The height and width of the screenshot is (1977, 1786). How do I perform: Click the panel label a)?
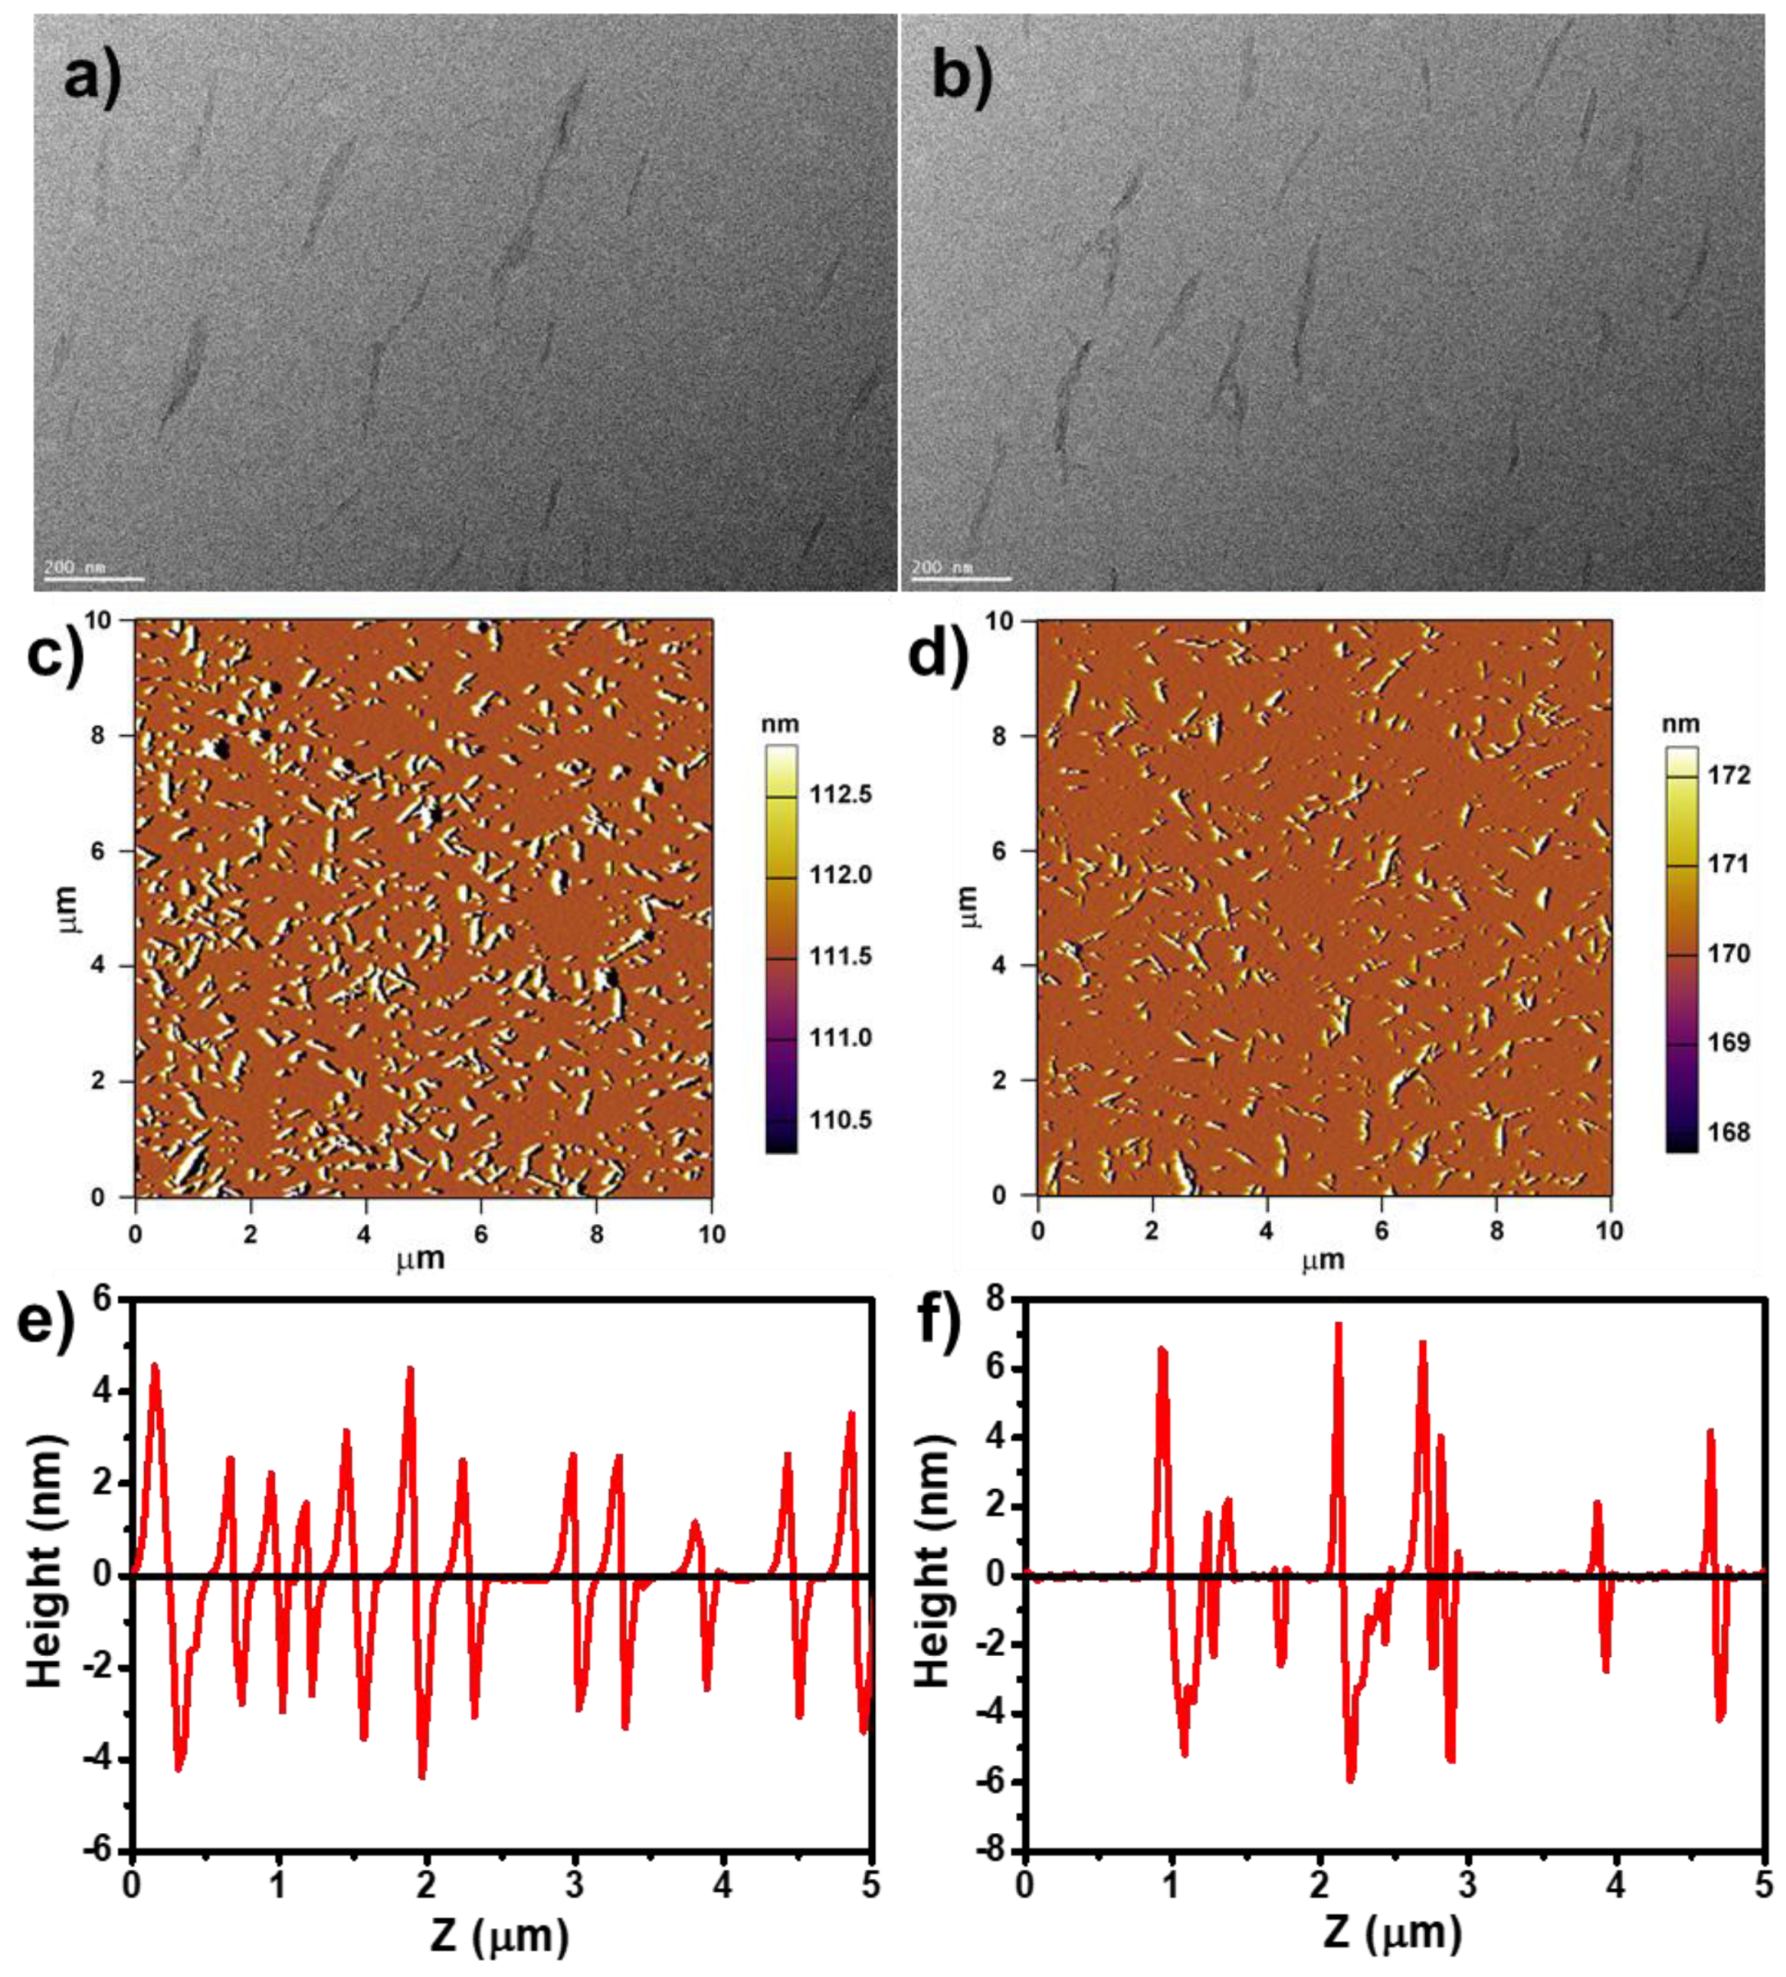pos(93,76)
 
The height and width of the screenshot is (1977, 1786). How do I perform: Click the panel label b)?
pos(961,76)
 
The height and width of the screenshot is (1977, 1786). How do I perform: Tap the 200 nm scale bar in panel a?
pos(94,578)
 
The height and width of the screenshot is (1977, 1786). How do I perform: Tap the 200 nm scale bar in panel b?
pos(961,578)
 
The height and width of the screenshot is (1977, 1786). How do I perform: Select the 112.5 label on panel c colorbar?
pos(840,794)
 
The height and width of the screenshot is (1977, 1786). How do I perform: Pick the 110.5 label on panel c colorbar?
pos(840,1120)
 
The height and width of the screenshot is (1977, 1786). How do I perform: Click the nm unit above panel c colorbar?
pos(780,724)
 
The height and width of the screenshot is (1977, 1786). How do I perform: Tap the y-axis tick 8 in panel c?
pos(98,735)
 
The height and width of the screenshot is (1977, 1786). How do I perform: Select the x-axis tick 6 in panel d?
pos(1381,1230)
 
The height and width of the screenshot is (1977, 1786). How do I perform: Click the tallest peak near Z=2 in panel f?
pos(1337,1326)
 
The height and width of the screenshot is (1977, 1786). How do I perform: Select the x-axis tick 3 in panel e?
pos(575,1884)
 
